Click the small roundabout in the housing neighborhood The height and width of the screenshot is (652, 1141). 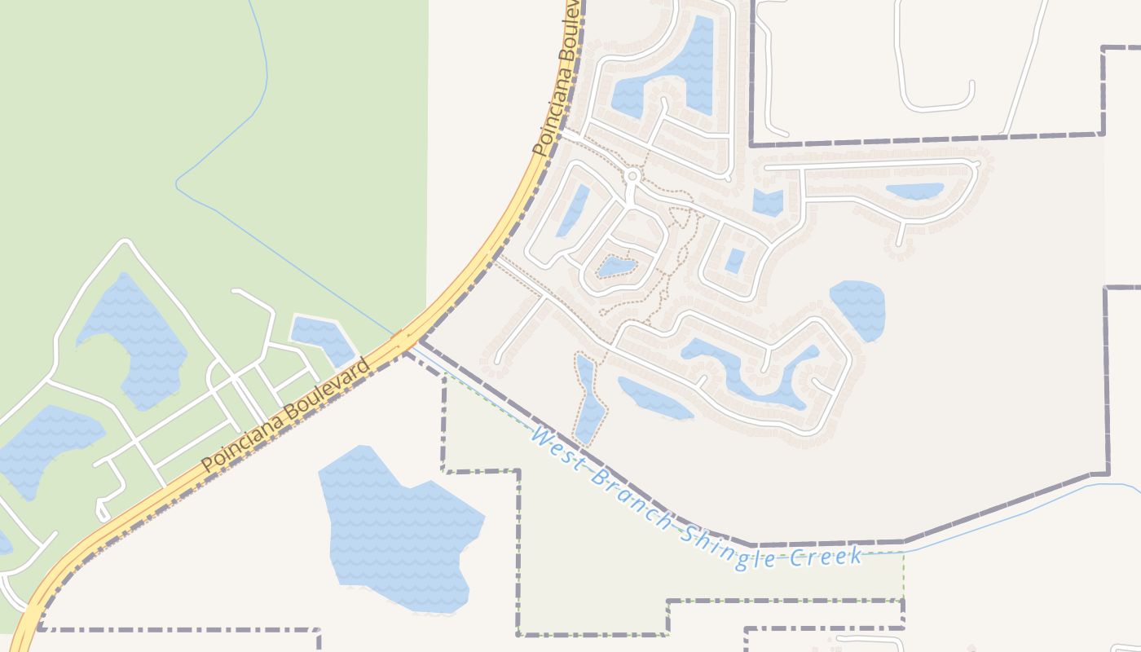(632, 175)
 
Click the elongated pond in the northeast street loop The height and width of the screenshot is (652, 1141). (914, 192)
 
